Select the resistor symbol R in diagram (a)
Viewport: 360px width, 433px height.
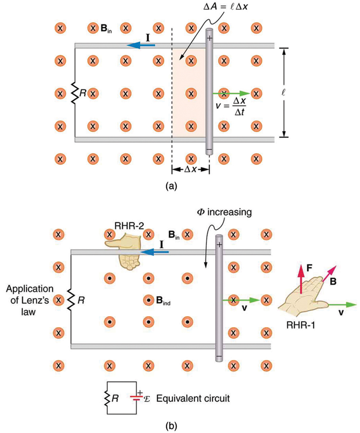coord(75,93)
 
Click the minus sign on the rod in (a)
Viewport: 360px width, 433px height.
coord(209,150)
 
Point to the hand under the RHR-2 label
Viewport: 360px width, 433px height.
coord(125,251)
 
